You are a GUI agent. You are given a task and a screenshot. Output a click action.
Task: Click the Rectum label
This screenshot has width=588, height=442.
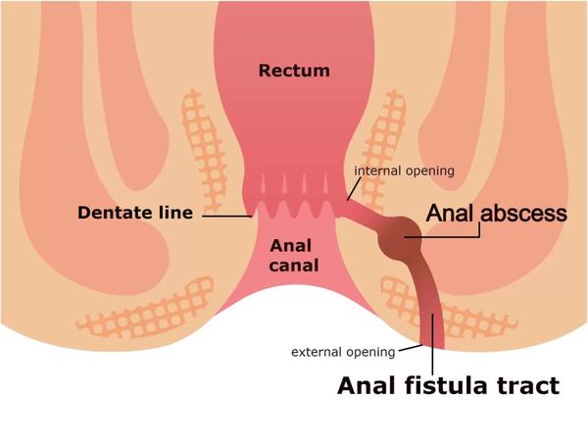294,71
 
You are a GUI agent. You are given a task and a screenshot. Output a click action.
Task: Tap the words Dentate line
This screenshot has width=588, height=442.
135,213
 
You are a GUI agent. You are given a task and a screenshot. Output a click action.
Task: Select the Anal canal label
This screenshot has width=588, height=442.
294,256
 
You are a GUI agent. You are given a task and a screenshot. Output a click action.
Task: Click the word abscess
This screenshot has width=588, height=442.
524,213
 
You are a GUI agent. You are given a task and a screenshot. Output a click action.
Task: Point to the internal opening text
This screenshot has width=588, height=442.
404,171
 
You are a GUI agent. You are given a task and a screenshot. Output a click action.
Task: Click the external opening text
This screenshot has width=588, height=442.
343,352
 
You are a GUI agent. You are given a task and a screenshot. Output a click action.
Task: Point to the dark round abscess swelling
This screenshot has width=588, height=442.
400,238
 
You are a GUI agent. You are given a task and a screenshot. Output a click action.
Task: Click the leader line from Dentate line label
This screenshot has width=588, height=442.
227,217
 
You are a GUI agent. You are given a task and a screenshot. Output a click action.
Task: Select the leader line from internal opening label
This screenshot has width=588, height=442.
354,188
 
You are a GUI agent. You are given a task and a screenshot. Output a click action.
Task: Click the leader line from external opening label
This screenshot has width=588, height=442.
411,348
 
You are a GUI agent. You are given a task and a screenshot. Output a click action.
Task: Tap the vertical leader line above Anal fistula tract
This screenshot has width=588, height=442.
432,341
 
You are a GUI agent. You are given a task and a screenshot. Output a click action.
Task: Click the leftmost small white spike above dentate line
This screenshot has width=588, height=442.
263,183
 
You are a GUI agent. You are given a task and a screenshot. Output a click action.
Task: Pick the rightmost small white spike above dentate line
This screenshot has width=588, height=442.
325,183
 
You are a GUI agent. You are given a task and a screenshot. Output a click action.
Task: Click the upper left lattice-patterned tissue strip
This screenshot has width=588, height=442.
205,150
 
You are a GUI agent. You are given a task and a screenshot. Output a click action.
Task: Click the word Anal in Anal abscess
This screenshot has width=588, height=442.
449,213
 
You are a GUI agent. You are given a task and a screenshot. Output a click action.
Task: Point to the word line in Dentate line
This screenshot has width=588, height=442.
175,213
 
